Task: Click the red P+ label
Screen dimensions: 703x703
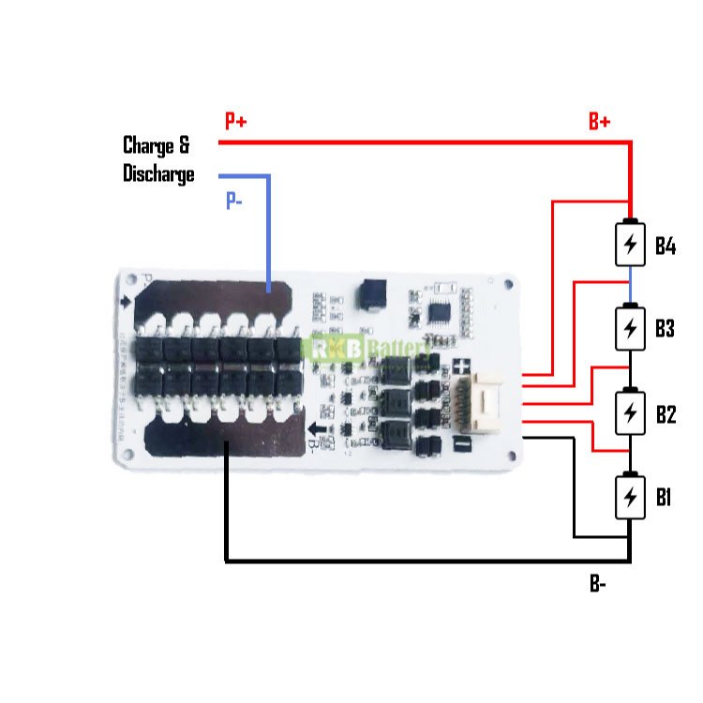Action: click(235, 121)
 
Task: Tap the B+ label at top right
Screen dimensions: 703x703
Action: click(600, 121)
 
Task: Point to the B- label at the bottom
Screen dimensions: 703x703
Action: click(598, 584)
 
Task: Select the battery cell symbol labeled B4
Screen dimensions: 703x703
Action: click(631, 245)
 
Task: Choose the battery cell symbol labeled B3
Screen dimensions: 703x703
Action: click(631, 327)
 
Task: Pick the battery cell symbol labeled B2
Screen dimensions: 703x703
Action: click(631, 412)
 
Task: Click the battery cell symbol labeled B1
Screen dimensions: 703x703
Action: click(631, 496)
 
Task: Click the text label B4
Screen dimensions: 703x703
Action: click(666, 246)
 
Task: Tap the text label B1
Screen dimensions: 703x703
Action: click(664, 497)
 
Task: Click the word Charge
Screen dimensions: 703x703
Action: click(149, 145)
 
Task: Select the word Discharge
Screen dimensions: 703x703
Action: click(158, 173)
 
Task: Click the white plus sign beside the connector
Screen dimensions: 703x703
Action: click(461, 366)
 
